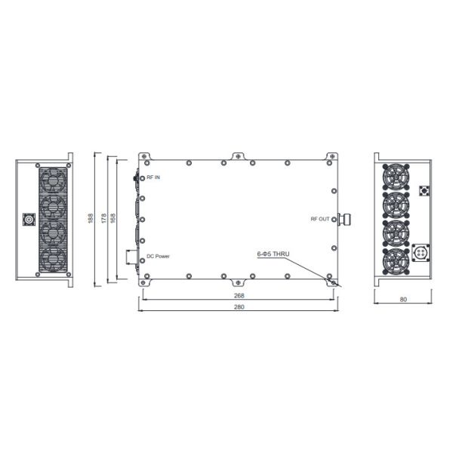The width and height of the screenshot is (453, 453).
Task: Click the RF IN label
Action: (154, 177)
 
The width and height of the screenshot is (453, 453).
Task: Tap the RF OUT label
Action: (320, 219)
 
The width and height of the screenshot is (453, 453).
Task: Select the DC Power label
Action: (158, 257)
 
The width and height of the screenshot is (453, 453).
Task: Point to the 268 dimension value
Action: (239, 295)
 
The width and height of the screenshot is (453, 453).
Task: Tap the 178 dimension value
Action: (103, 218)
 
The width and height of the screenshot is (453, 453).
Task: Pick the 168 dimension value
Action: (113, 218)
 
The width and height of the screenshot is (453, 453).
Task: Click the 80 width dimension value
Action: (403, 300)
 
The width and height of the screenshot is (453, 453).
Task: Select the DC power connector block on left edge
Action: (132, 257)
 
